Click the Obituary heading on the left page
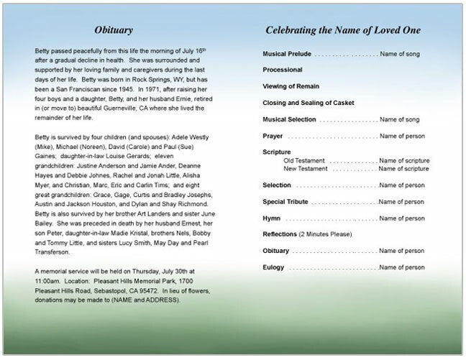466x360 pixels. [x=114, y=30]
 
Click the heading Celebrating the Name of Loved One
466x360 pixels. [x=343, y=30]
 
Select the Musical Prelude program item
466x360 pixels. [x=288, y=54]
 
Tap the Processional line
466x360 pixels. [x=283, y=70]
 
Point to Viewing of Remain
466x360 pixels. [x=291, y=86]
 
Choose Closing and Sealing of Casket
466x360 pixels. [x=308, y=103]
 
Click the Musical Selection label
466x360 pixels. [x=289, y=119]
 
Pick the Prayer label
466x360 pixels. [x=273, y=136]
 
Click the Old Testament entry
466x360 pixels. [x=304, y=160]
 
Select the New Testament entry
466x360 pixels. [x=306, y=168]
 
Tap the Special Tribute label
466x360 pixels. [x=286, y=202]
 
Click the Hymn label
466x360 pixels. [x=272, y=218]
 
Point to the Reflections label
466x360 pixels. [x=280, y=234]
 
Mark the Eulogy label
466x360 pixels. [x=273, y=267]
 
